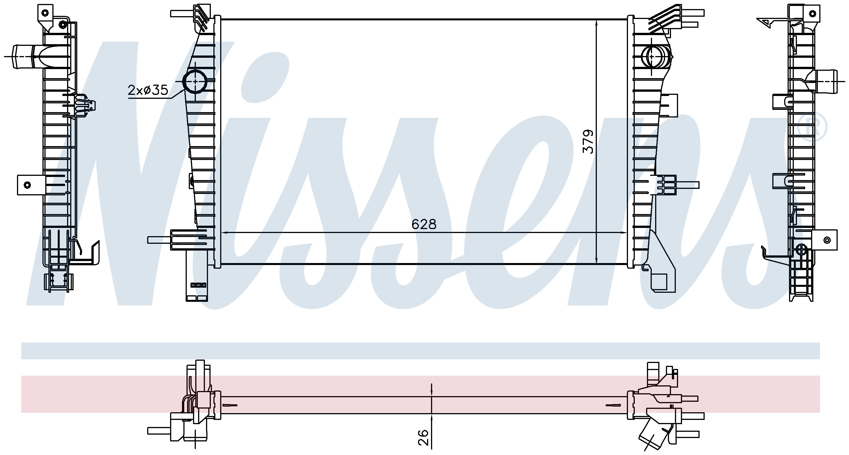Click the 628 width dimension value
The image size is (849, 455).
coord(424,224)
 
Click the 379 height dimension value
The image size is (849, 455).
coord(588,142)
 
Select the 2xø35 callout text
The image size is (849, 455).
coord(148,90)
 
